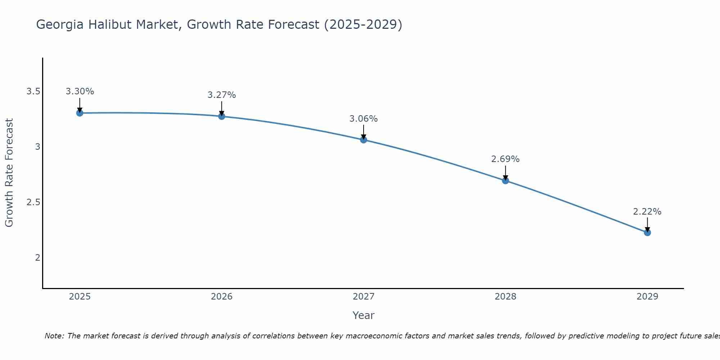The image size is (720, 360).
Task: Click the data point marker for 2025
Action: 80,113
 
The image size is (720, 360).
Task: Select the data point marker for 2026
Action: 222,116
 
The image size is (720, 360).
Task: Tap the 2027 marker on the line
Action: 364,140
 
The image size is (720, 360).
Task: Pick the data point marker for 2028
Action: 505,181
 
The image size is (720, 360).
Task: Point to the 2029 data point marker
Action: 647,233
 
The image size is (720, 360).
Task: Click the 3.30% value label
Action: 80,91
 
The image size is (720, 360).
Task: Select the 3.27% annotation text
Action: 222,95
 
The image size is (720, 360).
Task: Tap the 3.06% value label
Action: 364,119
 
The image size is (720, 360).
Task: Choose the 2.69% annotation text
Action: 505,159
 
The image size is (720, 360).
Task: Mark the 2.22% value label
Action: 647,212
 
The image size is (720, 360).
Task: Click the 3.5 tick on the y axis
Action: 33,91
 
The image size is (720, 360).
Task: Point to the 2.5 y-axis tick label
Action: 33,202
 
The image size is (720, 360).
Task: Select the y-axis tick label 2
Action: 37,257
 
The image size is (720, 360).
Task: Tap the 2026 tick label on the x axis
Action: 222,297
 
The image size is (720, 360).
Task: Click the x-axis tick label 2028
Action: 505,297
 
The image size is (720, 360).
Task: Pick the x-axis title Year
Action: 364,315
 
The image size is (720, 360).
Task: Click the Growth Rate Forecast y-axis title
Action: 9,173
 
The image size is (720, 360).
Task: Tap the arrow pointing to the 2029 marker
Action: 647,225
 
